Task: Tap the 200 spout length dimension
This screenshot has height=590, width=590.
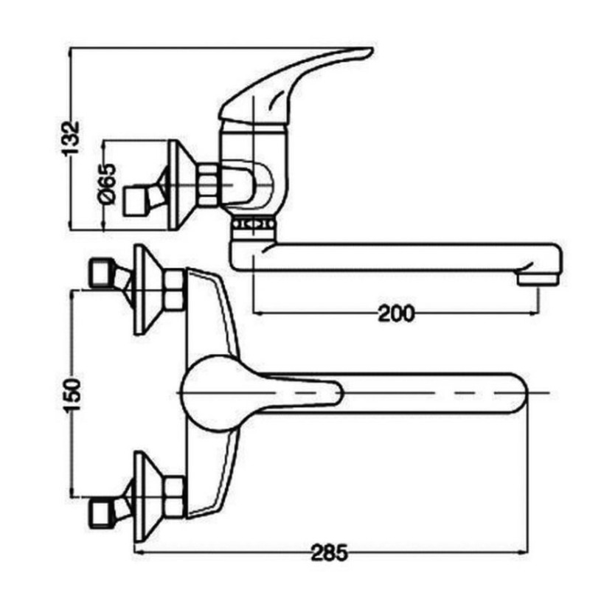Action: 396,313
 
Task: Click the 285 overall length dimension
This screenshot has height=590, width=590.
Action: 328,552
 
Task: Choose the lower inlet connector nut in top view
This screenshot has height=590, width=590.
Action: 100,510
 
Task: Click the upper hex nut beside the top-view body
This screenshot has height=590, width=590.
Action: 175,290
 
